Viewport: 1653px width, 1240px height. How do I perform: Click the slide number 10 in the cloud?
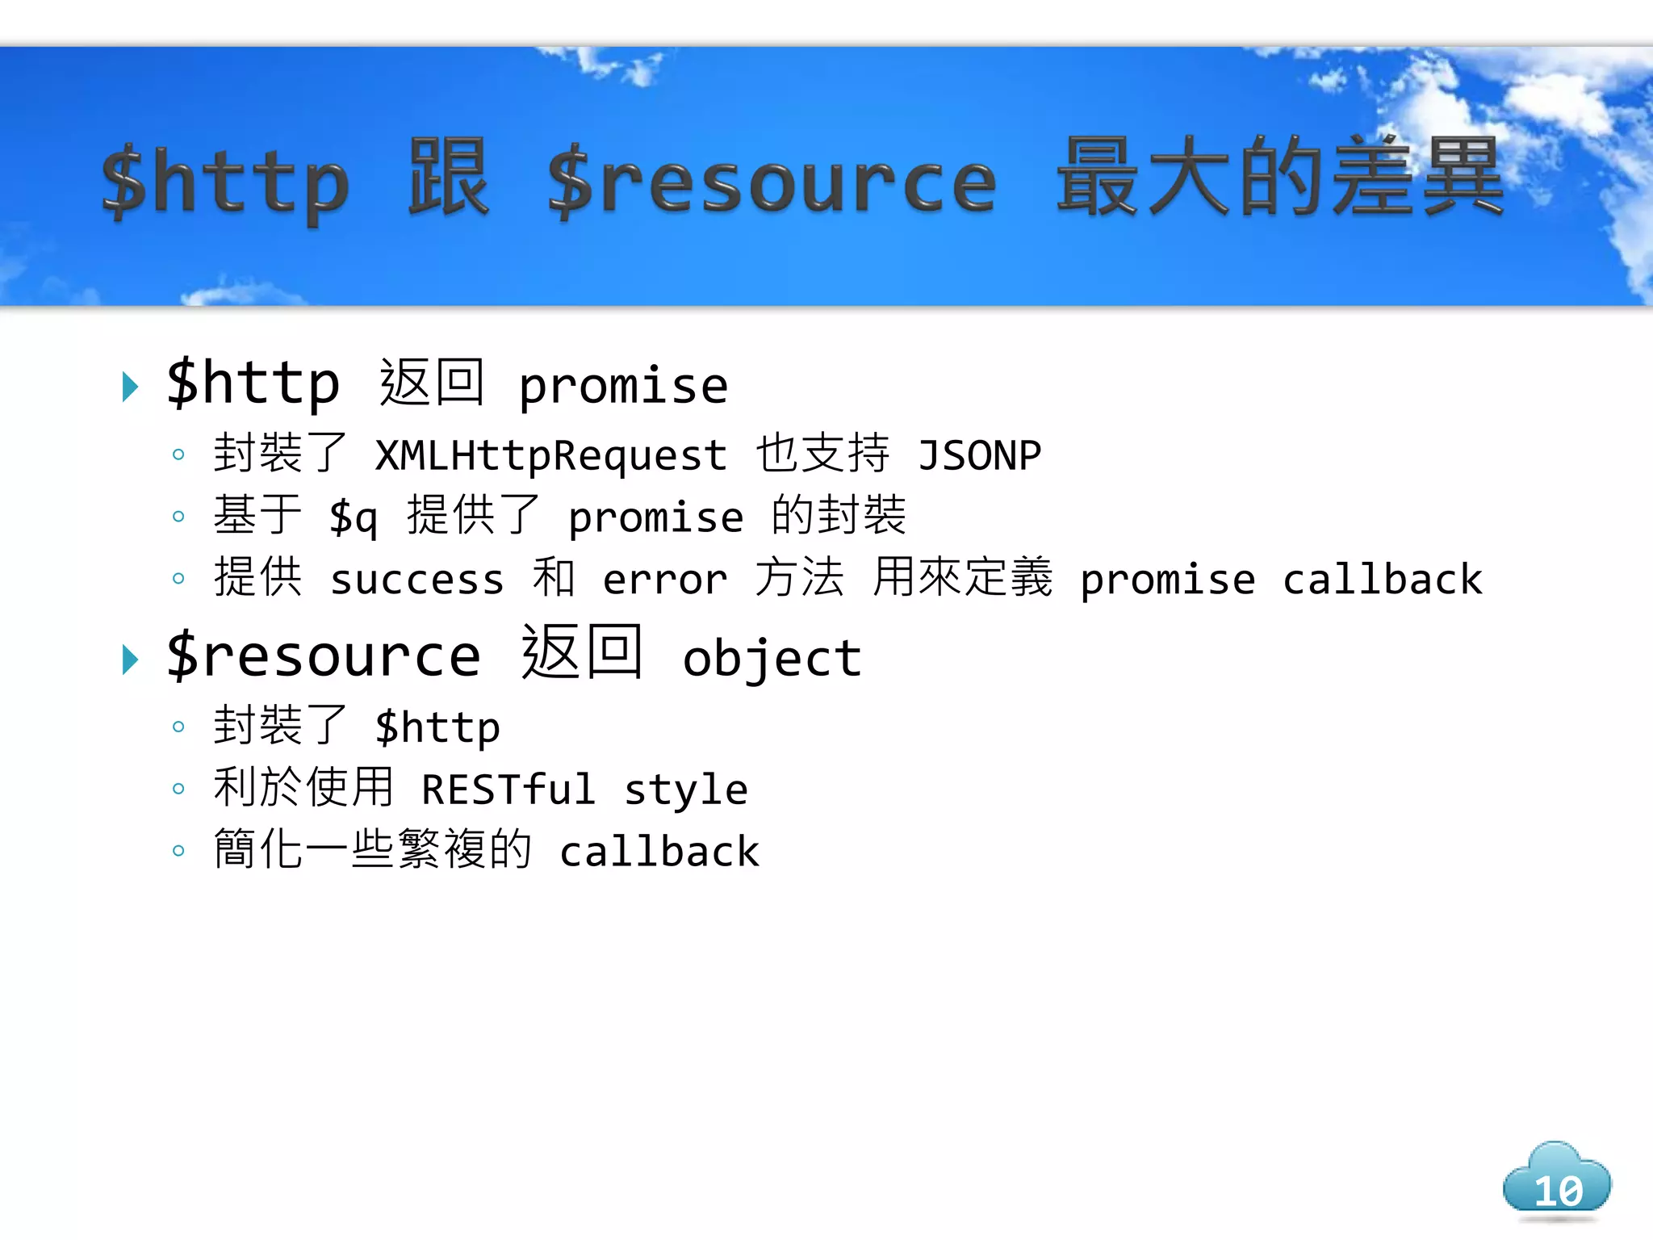[1558, 1190]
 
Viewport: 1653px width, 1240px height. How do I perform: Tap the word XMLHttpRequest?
[551, 455]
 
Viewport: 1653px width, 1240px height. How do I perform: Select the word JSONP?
[979, 455]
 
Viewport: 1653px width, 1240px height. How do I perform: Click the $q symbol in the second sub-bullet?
[353, 517]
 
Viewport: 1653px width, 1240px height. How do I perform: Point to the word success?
[417, 580]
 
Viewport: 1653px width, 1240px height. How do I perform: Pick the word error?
[665, 580]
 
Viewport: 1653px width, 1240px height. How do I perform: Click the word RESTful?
[508, 789]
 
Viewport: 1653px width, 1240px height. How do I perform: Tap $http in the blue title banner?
[225, 182]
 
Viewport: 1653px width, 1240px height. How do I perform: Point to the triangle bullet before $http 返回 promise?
[130, 387]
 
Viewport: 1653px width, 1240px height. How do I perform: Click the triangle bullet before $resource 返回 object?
[130, 660]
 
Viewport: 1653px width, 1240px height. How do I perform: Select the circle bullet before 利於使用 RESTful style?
[178, 789]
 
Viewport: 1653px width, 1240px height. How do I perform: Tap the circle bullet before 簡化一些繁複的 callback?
[178, 850]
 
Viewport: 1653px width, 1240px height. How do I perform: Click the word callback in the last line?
[659, 852]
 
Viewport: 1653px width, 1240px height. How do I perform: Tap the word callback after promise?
[1383, 580]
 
